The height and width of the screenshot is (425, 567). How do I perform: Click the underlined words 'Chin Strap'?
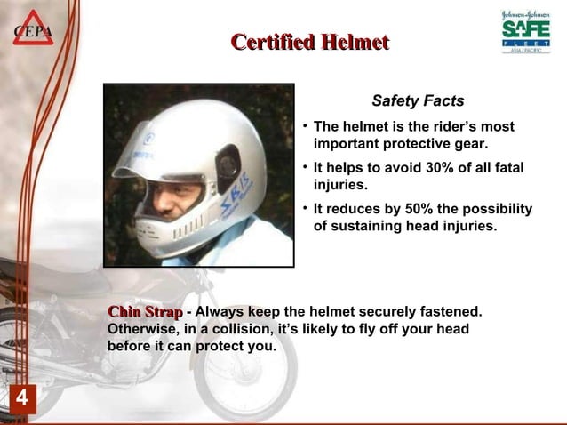[145, 312]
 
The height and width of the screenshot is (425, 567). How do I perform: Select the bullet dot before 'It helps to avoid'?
[305, 167]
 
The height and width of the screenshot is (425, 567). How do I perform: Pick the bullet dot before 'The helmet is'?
[305, 125]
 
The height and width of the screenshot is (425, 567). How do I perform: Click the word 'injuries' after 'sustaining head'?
[466, 227]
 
